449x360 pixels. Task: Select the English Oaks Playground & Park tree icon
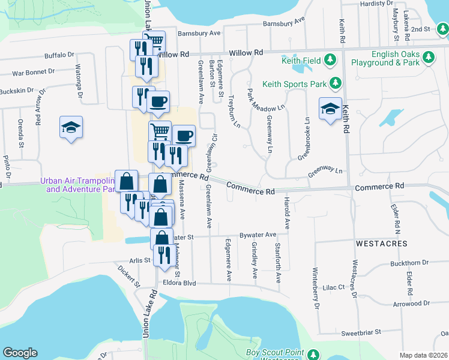click(x=428, y=58)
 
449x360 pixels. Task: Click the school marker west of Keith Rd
click(x=330, y=109)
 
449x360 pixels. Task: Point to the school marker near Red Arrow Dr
click(x=71, y=127)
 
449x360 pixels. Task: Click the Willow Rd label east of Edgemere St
click(x=250, y=53)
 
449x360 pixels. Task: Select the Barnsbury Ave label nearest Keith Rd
click(x=283, y=23)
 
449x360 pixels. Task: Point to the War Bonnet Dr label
click(x=34, y=71)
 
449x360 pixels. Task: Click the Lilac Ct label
click(x=337, y=288)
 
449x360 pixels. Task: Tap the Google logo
click(x=20, y=353)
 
